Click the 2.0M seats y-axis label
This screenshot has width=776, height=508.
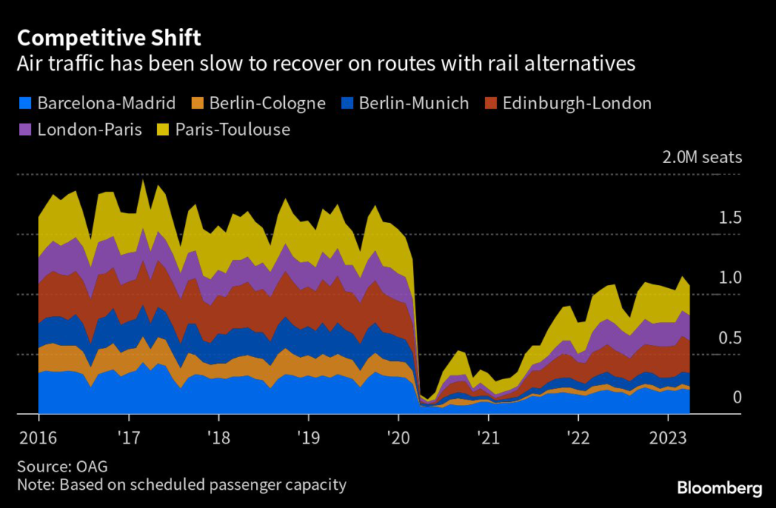click(x=702, y=158)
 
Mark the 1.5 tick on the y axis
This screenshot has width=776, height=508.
click(x=730, y=218)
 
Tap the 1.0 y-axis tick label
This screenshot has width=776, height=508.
click(x=730, y=278)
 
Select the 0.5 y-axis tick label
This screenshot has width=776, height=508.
click(x=730, y=337)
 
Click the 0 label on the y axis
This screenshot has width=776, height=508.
click(x=737, y=397)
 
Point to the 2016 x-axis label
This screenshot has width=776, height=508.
click(x=39, y=437)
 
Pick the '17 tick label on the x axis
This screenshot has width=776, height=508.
click(x=129, y=437)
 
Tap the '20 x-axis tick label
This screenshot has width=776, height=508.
click(x=399, y=437)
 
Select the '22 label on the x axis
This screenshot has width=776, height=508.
click(x=578, y=437)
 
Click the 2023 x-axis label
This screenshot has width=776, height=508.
click(x=668, y=437)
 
